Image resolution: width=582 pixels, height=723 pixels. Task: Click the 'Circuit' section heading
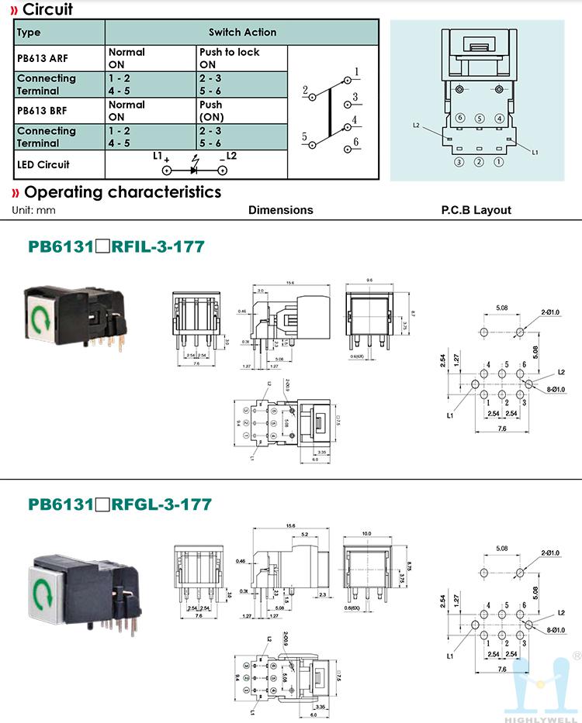point(48,9)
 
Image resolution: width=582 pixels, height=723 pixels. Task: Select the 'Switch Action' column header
point(242,33)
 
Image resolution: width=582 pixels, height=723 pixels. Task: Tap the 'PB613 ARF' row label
point(42,58)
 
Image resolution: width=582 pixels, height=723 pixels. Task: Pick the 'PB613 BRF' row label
point(42,111)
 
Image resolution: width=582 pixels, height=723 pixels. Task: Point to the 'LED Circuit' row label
point(43,164)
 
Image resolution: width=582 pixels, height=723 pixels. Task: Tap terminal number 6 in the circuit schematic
point(355,142)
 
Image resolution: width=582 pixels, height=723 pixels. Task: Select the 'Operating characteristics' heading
point(122,192)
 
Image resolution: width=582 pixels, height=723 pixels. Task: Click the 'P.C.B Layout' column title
point(476,210)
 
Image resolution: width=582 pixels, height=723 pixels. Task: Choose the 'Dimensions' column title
point(280,210)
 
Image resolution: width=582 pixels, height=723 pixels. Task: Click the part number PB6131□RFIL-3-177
point(116,247)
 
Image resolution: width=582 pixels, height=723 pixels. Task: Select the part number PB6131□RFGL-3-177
point(120,504)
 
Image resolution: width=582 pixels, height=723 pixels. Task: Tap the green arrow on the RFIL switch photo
point(39,318)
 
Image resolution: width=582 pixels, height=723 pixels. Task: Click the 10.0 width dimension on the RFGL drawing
point(366,532)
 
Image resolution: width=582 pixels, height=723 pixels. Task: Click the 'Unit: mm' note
point(34,210)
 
